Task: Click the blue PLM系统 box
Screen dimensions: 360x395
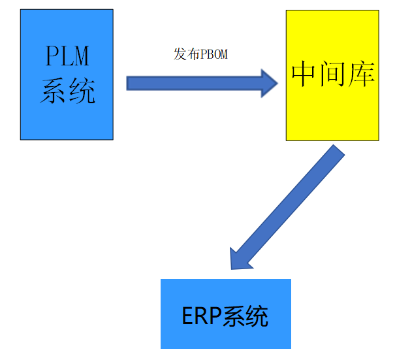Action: [x=67, y=118]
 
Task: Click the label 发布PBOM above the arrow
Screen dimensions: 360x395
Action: [x=200, y=54]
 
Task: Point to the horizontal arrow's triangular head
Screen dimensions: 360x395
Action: [x=270, y=82]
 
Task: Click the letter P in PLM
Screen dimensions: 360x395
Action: [x=52, y=57]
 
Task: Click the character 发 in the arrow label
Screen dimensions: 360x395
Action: [x=180, y=54]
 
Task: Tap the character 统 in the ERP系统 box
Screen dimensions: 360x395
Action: [x=257, y=316]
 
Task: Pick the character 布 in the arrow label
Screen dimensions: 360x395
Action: [x=191, y=54]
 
